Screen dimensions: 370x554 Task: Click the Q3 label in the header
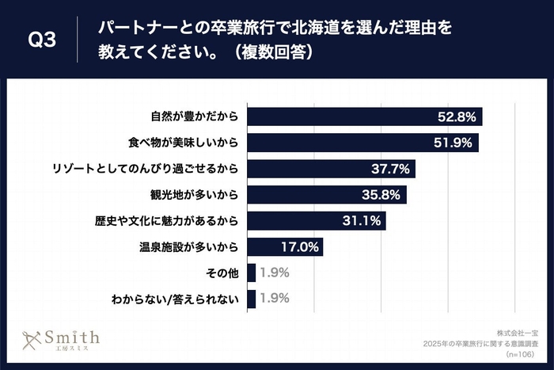(41, 40)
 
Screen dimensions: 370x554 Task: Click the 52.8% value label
(457, 116)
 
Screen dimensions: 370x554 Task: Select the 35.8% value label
(381, 194)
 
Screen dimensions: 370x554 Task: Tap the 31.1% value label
(360, 220)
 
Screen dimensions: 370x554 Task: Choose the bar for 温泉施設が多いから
(286, 246)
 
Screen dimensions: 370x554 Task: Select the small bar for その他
(252, 273)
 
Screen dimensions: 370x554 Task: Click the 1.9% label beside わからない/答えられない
(275, 299)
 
